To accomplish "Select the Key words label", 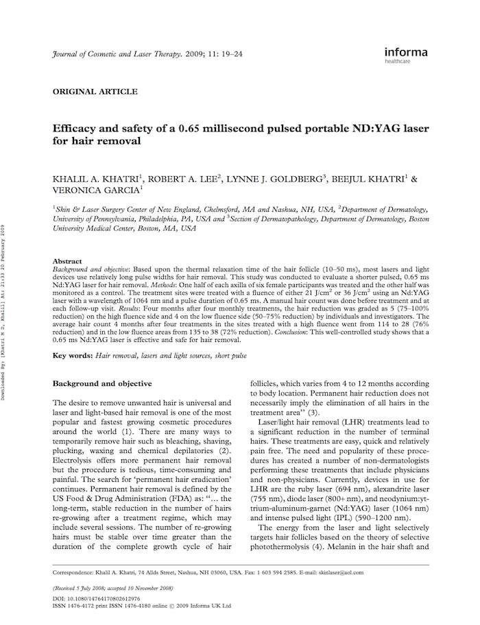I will click(x=73, y=356).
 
